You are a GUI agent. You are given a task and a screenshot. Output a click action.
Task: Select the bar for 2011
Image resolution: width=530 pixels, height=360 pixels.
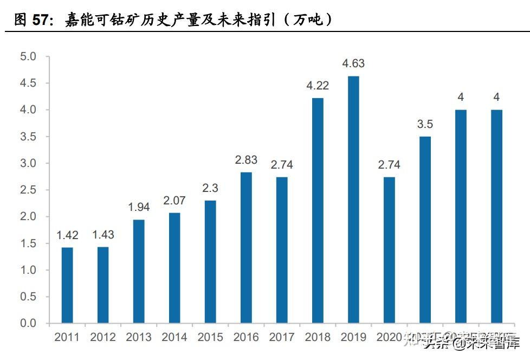click(67, 285)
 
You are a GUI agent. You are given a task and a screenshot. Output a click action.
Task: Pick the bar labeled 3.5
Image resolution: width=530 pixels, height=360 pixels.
click(425, 230)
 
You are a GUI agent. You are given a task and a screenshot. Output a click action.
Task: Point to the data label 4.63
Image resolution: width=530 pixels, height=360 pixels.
click(353, 64)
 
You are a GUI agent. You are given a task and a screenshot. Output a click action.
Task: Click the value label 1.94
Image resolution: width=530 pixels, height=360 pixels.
click(139, 207)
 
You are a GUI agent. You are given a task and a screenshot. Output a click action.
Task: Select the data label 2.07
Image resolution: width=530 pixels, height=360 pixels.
click(174, 201)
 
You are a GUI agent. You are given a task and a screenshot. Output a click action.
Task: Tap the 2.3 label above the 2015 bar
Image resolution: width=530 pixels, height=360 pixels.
click(210, 188)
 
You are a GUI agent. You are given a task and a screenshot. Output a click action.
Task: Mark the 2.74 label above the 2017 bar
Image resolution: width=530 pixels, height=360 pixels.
click(282, 165)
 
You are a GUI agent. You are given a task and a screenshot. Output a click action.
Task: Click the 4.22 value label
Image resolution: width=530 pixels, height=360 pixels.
click(318, 86)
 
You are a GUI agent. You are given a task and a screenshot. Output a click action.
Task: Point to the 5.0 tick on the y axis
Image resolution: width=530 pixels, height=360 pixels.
click(28, 57)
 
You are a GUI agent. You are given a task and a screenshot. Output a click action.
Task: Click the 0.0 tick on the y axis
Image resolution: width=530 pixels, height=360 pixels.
click(28, 324)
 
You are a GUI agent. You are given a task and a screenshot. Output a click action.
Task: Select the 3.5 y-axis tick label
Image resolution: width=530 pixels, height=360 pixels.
click(28, 137)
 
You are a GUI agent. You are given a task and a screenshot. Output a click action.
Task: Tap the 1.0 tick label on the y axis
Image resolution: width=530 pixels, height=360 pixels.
click(28, 271)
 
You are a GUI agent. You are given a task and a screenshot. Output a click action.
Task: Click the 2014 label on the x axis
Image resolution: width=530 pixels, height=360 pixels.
click(174, 338)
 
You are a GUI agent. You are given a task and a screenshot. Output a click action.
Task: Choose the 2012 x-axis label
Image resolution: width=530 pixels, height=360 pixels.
click(103, 338)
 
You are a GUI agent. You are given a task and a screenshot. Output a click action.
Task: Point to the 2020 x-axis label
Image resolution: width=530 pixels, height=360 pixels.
click(389, 338)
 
